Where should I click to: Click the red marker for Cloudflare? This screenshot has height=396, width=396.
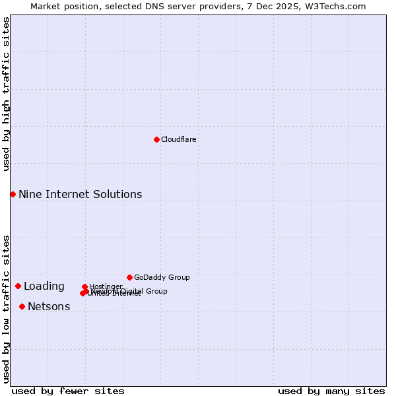coord(156,139)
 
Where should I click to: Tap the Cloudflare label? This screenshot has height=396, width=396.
coord(178,139)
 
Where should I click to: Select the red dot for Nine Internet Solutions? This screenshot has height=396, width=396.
coord(13,194)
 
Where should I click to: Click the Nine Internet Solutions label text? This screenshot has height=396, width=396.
coord(80,194)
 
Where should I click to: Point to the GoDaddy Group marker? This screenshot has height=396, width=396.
coord(129,277)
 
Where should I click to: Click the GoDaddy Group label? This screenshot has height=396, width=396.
coord(162,277)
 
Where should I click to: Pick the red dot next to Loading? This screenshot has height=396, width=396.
coord(18,286)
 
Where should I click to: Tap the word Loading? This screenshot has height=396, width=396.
coord(44,286)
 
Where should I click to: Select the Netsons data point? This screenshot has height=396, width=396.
coord(22,306)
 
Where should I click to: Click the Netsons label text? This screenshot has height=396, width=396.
coord(49,306)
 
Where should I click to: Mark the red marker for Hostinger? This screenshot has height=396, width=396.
coord(84,286)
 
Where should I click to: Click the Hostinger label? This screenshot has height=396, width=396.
coord(106,286)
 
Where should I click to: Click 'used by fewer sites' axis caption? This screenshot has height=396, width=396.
coord(68,391)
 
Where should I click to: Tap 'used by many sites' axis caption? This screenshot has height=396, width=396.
coord(331,391)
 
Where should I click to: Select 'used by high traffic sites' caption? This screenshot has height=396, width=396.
coord(6,94)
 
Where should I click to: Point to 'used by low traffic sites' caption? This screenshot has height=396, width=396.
coord(6,309)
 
